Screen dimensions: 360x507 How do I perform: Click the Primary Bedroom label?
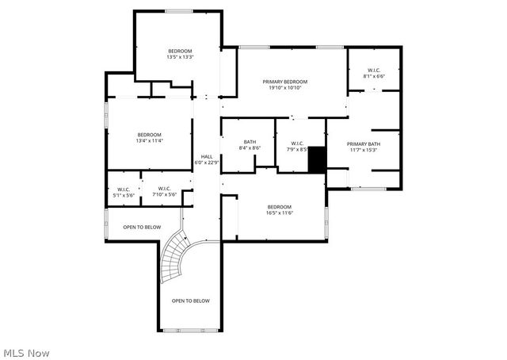click(285, 82)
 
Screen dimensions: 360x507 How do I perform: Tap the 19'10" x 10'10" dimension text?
click(285, 88)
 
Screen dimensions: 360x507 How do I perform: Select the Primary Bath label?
click(363, 144)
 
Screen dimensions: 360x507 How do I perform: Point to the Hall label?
click(207, 156)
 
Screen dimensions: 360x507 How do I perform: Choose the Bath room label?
click(250, 142)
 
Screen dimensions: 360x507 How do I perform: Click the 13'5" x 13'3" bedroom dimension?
click(181, 57)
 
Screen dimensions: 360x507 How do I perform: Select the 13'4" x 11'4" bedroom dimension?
click(149, 141)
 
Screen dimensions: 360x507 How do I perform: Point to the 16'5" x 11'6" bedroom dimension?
click(280, 213)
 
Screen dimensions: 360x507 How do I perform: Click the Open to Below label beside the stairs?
click(142, 228)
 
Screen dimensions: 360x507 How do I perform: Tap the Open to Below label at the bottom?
click(191, 301)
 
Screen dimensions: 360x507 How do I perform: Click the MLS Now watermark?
click(27, 352)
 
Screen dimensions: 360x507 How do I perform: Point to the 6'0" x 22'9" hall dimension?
click(207, 163)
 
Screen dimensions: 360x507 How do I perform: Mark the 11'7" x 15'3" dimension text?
click(363, 150)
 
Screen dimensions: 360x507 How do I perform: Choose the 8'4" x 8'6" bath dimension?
click(250, 148)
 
